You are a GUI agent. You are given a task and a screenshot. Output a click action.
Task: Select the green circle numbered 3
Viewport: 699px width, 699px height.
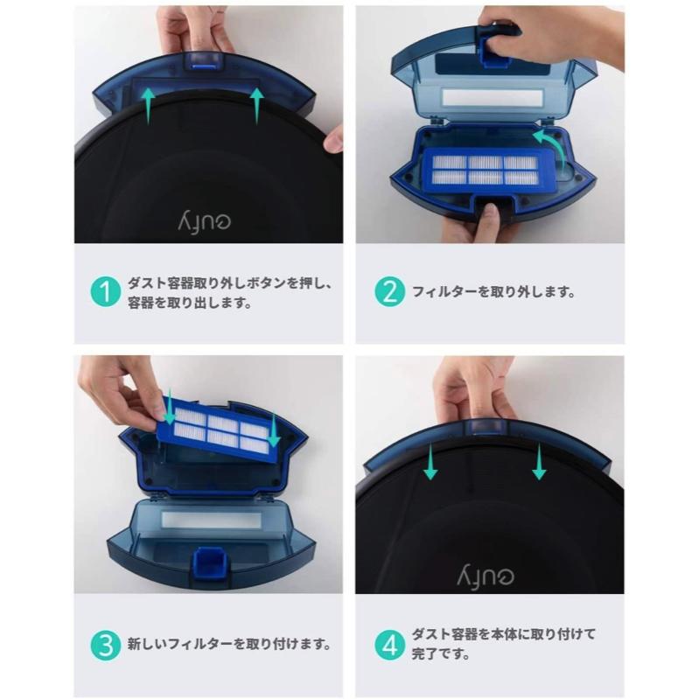(x=105, y=646)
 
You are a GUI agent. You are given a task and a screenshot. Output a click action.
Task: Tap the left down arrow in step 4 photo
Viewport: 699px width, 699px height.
(x=430, y=461)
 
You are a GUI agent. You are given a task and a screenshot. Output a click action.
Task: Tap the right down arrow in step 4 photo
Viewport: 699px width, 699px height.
(x=539, y=461)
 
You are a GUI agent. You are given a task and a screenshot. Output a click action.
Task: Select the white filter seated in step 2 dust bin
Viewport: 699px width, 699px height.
(x=485, y=170)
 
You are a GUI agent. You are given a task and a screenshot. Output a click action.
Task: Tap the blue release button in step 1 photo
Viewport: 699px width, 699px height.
(x=203, y=59)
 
